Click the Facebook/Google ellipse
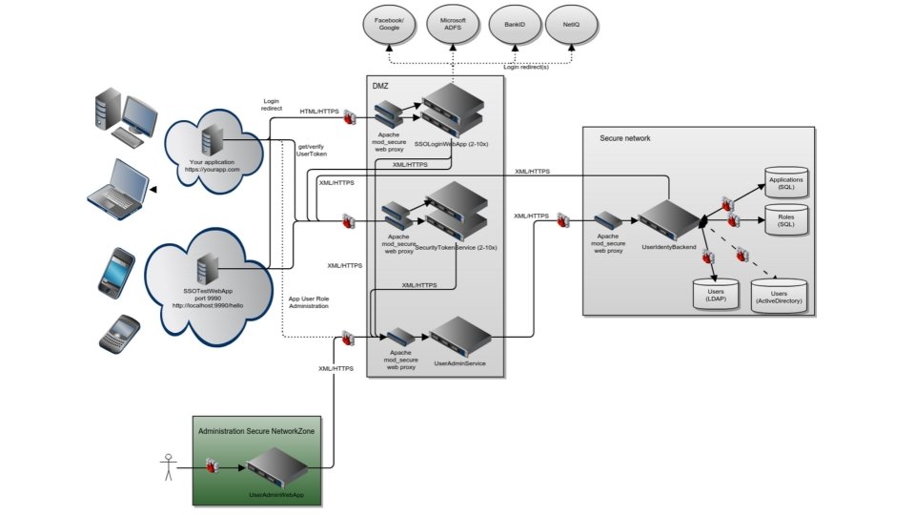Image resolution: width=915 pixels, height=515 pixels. point(387,24)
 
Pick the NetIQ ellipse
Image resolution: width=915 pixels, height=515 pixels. point(572,24)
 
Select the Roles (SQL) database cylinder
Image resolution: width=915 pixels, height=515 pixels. point(786,222)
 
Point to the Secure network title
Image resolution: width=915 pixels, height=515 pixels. point(624,138)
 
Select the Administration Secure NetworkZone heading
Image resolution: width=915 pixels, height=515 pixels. point(257,431)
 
